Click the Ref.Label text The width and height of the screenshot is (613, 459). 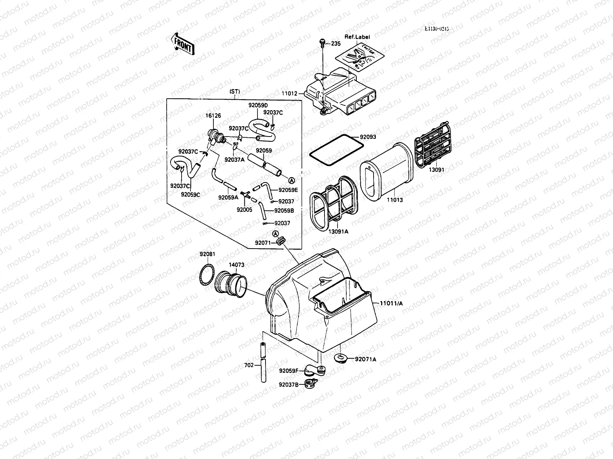click(357, 37)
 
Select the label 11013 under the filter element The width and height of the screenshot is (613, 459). click(395, 200)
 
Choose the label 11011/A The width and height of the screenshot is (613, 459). click(391, 303)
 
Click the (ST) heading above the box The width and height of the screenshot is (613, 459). click(234, 92)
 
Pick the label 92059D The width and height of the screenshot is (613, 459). click(258, 105)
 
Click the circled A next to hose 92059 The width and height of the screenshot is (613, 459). click(291, 180)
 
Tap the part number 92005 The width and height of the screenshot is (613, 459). click(244, 210)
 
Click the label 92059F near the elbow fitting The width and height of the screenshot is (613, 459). click(288, 370)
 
